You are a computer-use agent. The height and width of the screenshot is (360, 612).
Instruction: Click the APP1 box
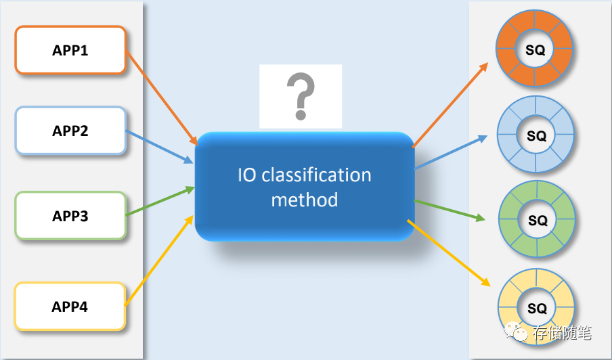click(x=70, y=50)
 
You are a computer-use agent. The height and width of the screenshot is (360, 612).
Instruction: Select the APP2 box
click(x=70, y=131)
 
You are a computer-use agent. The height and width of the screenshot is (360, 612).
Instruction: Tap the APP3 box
click(x=70, y=217)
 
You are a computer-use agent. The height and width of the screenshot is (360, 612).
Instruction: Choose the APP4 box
click(x=70, y=307)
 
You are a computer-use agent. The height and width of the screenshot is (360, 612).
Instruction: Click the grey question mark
click(x=301, y=96)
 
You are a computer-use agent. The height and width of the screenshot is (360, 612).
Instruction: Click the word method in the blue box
click(x=304, y=200)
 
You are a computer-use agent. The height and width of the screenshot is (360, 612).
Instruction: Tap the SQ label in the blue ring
click(x=536, y=136)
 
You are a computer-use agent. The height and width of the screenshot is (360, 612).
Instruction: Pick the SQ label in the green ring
click(x=537, y=221)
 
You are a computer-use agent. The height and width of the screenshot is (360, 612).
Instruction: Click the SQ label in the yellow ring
click(x=537, y=309)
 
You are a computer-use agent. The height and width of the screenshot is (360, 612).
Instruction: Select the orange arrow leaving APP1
click(x=161, y=97)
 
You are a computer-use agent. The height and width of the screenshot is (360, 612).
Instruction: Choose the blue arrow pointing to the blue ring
click(x=450, y=152)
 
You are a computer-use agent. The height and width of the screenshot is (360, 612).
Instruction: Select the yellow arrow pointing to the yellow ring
click(x=448, y=252)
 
